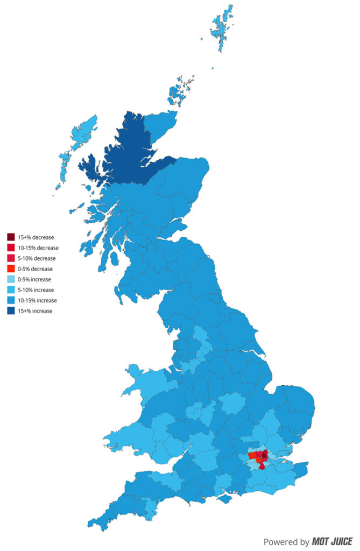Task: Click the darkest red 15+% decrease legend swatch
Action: [x=11, y=237]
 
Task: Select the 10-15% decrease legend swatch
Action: [x=11, y=248]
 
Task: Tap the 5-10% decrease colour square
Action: [x=11, y=258]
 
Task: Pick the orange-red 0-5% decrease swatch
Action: [x=11, y=269]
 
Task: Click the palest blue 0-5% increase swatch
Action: [x=11, y=279]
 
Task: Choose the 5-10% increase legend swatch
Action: [x=11, y=289]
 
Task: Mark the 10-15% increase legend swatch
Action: [x=11, y=300]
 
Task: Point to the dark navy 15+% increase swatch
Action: [x=11, y=310]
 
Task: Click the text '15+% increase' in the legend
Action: [x=35, y=311]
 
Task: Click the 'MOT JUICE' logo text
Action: [x=332, y=541]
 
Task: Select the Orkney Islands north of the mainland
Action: [x=180, y=91]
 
